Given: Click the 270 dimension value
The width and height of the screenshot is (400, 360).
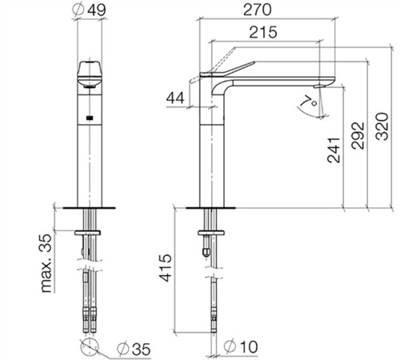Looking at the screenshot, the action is (258, 10).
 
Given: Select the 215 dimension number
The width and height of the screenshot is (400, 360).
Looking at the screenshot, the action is (263, 32).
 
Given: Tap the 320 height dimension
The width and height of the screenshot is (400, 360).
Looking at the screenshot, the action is (382, 126).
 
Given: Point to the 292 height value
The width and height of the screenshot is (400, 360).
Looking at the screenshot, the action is (358, 135).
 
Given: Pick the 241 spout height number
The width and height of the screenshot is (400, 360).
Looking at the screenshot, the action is (334, 150).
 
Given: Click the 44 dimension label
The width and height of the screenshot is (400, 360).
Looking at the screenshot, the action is (175, 98).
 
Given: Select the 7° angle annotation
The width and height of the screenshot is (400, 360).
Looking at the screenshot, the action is (309, 102).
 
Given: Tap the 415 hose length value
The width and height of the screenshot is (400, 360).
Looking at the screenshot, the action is (166, 268).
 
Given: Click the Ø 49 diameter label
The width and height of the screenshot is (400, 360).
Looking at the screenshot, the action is (89, 10).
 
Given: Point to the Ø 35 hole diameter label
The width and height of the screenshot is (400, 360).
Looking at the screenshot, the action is (134, 349).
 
